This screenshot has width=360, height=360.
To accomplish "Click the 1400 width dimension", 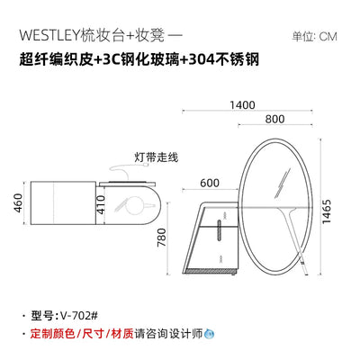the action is pyautogui.click(x=242, y=105).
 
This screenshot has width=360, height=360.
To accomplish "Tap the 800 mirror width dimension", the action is pyautogui.click(x=274, y=119).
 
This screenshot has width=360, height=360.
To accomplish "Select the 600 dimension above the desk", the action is pyautogui.click(x=210, y=183).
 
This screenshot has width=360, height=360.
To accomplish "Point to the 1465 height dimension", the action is pyautogui.click(x=326, y=211).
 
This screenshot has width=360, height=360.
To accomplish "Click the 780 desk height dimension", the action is pyautogui.click(x=162, y=238).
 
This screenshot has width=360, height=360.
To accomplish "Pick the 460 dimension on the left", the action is pyautogui.click(x=18, y=203).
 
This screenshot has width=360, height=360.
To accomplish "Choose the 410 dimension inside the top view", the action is pyautogui.click(x=101, y=204).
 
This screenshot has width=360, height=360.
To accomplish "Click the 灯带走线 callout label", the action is pyautogui.click(x=156, y=157).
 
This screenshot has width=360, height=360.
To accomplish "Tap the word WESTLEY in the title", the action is pyautogui.click(x=49, y=36).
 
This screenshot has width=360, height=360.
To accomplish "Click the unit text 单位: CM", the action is pyautogui.click(x=315, y=37).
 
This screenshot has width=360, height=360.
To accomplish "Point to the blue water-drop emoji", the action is pyautogui.click(x=209, y=333).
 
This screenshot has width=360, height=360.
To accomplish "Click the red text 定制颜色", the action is pyautogui.click(x=52, y=333).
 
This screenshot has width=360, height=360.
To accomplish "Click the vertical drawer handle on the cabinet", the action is pyautogui.click(x=220, y=230).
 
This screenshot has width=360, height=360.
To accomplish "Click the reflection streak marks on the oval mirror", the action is pyautogui.click(x=283, y=183).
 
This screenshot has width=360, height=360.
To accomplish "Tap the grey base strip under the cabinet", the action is pyautogui.click(x=211, y=271).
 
